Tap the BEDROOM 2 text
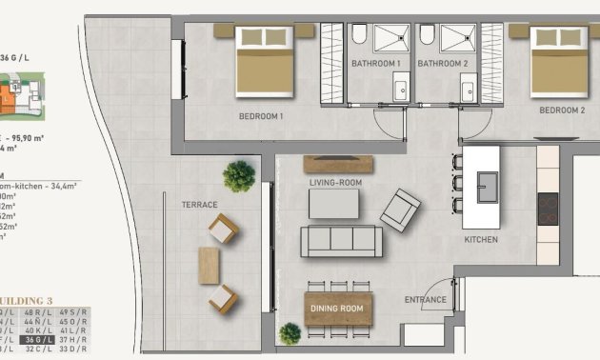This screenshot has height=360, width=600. point(561,110)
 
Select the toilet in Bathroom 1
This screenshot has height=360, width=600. point(359,36)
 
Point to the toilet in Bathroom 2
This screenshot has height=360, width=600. point(427,36)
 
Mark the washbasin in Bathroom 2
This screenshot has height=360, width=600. point(468,91)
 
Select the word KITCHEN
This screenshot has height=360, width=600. point(481,240)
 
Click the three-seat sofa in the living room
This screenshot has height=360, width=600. point(341,241)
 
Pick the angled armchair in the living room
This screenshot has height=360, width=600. point(400,209)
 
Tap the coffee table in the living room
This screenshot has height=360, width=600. point(333,203)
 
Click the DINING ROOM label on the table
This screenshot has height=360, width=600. point(339,309)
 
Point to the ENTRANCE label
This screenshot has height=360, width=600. point(425,300)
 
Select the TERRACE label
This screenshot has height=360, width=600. point(200,205)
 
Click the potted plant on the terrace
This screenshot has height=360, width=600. point(239,175)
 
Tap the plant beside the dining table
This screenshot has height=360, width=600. point(290,333)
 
